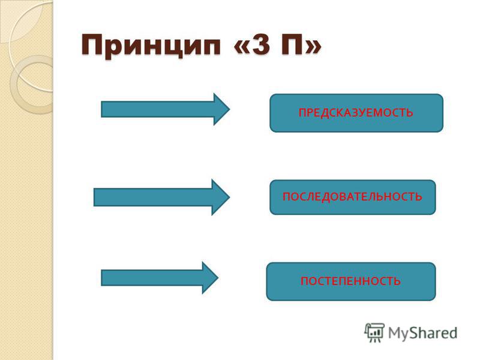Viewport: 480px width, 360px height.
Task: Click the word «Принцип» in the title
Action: (151, 46)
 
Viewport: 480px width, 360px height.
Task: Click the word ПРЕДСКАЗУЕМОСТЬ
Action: (356, 113)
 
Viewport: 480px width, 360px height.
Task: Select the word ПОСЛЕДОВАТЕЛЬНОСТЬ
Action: (352, 196)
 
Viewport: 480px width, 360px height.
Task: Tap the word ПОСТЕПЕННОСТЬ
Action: (350, 281)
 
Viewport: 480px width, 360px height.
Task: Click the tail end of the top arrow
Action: (101, 109)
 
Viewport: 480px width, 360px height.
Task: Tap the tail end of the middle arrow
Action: (94, 197)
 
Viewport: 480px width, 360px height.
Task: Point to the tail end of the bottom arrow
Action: (101, 278)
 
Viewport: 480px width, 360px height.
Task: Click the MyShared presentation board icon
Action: (374, 333)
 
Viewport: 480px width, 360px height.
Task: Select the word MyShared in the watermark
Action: (422, 333)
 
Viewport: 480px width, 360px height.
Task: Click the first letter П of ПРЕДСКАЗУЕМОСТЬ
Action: (302, 113)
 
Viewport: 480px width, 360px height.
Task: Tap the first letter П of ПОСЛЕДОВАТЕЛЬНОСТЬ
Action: (286, 196)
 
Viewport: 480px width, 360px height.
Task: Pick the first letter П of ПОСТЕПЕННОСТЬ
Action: (304, 281)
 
